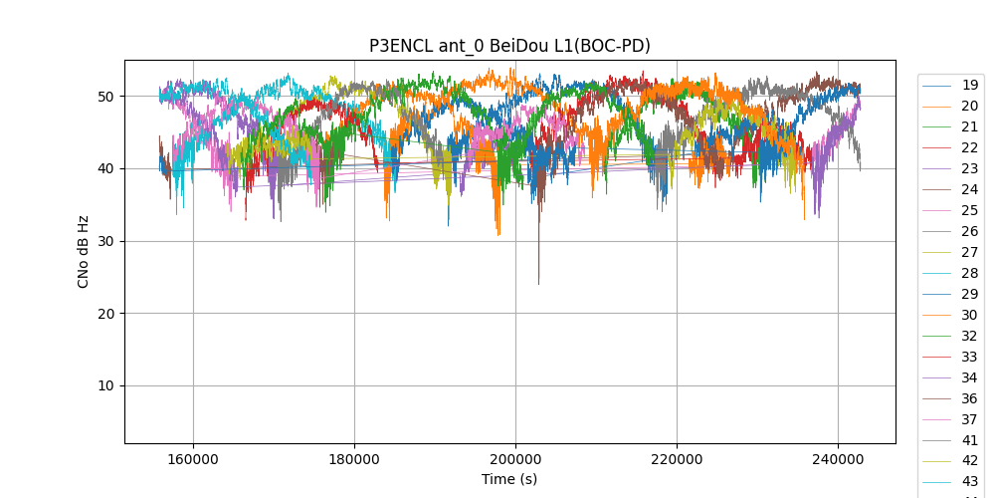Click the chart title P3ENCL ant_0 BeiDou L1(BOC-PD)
coord(509,46)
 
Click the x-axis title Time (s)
coord(509,479)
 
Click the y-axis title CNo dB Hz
coord(84,251)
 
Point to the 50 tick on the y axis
coord(105,97)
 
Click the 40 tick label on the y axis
coord(105,169)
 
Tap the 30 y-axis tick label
coord(105,241)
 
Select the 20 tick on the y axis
coord(105,314)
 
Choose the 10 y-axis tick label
coord(105,386)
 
